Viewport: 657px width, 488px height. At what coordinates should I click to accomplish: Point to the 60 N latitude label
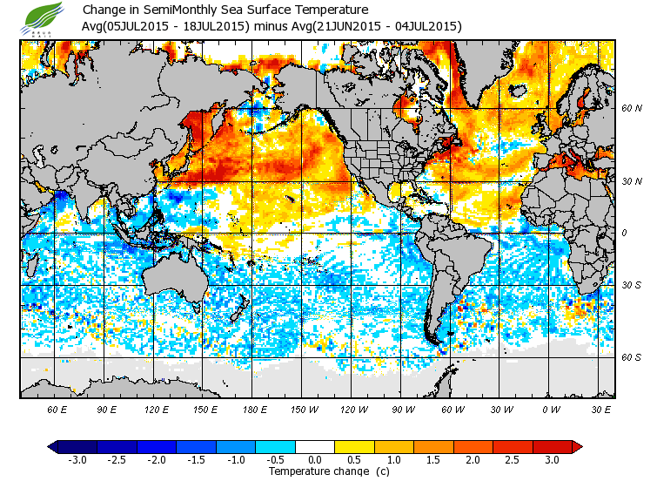coord(631,109)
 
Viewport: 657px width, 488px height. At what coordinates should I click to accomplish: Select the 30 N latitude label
coord(631,181)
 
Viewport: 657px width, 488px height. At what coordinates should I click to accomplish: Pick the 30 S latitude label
coord(631,286)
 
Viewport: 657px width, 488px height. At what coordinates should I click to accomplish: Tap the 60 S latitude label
coord(631,357)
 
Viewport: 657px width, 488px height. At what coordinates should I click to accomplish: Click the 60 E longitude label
coord(57,409)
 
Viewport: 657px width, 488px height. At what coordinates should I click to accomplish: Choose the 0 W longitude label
coord(550,409)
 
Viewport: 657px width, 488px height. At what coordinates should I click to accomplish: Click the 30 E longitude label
coord(600,409)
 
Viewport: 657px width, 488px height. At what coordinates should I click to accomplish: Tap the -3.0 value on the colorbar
coord(77,459)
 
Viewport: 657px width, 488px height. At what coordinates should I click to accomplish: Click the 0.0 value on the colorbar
coord(315,459)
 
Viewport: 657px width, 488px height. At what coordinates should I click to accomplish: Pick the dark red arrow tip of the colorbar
coord(577,446)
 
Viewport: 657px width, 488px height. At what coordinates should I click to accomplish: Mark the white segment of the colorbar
coord(315,446)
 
